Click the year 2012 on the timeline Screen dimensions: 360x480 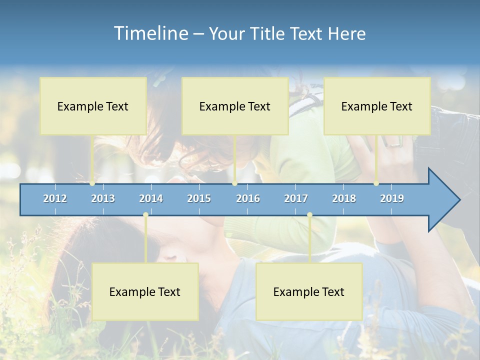point(55,198)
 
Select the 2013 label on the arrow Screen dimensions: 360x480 point(103,198)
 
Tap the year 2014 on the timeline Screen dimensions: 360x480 point(151,198)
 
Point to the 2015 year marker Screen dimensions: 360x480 point(199,198)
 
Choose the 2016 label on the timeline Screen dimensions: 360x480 point(248,198)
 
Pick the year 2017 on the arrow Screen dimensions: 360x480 point(296,198)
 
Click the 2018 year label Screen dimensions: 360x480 point(344,198)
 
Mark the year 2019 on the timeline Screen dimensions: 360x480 point(392,198)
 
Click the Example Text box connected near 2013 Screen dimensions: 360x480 point(93,106)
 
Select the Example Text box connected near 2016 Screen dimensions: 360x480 point(235,106)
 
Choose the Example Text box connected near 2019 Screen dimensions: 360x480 point(377,106)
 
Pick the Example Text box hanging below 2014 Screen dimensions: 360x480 point(145,291)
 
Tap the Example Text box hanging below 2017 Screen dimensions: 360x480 point(309,291)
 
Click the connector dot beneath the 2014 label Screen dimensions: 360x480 point(145,214)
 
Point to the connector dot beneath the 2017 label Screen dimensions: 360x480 point(309,214)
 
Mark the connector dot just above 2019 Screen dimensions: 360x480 point(376,183)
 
